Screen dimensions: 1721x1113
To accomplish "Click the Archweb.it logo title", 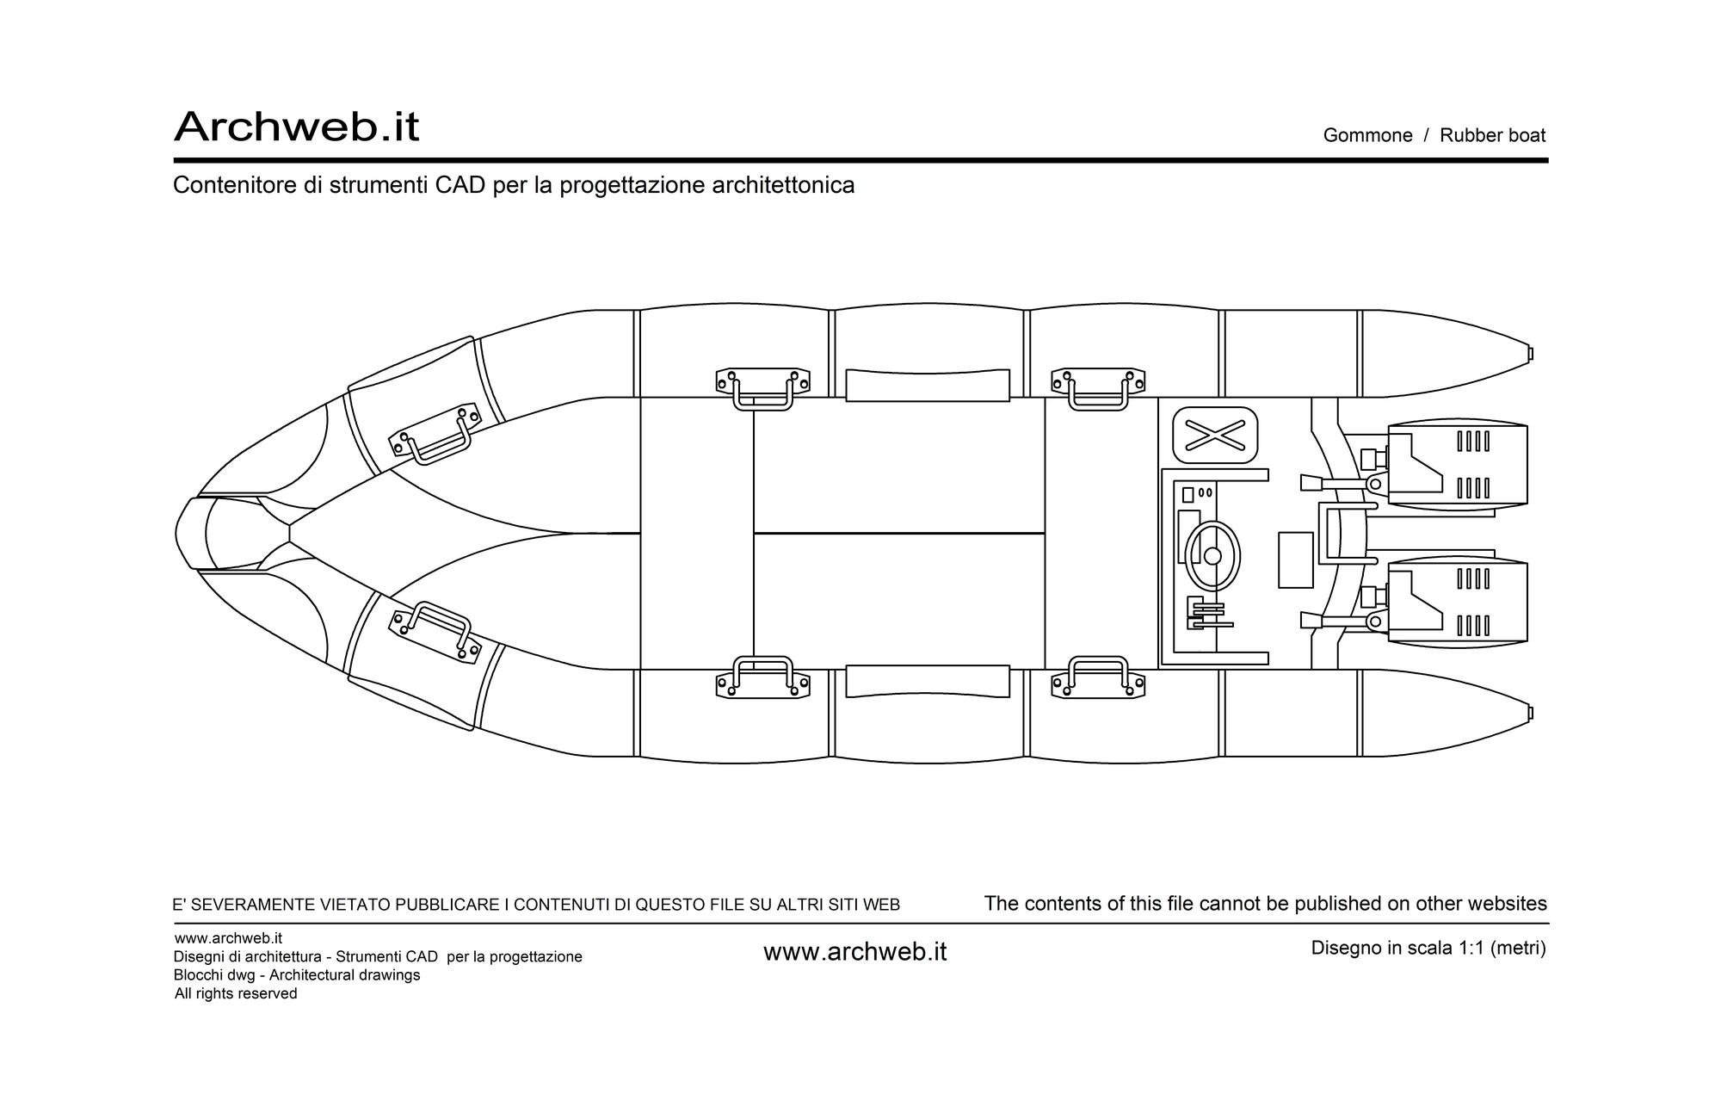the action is [x=296, y=127].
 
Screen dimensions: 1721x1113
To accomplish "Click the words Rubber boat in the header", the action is [x=1493, y=135].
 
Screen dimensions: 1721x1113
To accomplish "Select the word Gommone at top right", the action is [x=1367, y=135].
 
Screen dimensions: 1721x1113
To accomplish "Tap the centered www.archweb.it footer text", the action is [x=854, y=952].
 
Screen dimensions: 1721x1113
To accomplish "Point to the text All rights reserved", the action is [x=236, y=993].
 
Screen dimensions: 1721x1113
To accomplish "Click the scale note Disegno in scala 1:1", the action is [x=1428, y=948].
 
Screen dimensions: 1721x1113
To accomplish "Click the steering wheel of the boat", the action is [x=1212, y=555].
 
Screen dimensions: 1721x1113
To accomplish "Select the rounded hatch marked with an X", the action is [x=1215, y=436].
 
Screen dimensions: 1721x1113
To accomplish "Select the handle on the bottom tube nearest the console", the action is [x=1098, y=677].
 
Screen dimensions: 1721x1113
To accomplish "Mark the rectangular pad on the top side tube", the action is [x=928, y=386].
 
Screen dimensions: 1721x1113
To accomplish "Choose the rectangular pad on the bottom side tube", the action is [x=928, y=681].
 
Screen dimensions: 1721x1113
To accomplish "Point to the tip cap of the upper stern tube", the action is [x=1530, y=354].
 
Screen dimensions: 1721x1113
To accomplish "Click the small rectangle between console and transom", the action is [x=1296, y=560].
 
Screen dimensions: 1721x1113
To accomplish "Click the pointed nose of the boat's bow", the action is [x=177, y=533].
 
